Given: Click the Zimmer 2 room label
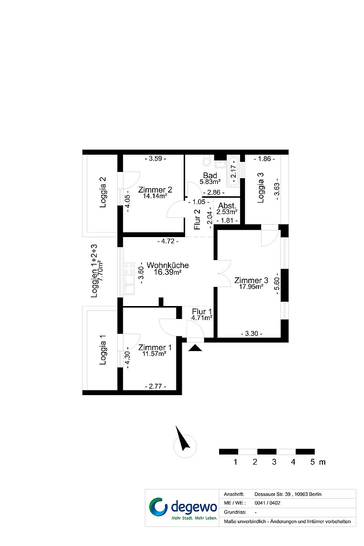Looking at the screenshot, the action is [155, 190].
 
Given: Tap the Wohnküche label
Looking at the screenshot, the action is [167, 265].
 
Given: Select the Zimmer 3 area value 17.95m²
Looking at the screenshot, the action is [251, 287].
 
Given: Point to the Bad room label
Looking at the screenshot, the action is [210, 175].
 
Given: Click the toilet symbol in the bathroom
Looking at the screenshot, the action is [207, 161].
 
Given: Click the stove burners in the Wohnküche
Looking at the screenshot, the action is [129, 269].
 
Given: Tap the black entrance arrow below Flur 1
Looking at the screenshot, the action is [195, 348].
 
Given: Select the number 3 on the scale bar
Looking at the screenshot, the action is [274, 462].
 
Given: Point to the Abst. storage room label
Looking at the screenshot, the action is [227, 206].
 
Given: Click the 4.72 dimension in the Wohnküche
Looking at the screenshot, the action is [168, 241].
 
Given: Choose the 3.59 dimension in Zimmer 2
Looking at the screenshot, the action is [155, 159].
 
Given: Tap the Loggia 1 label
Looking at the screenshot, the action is [103, 350].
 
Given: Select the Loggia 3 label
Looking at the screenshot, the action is [260, 188].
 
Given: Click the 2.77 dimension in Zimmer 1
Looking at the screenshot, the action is [155, 386].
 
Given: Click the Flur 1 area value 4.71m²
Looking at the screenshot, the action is [202, 318].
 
